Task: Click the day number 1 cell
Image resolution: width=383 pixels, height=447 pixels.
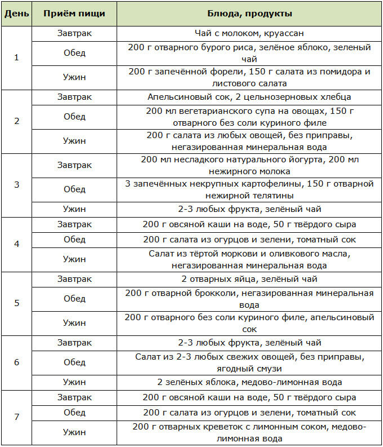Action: tap(16, 57)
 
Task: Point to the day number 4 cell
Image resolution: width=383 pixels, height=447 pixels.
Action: tap(16, 245)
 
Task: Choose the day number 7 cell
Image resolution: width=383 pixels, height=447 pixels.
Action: tap(16, 417)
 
